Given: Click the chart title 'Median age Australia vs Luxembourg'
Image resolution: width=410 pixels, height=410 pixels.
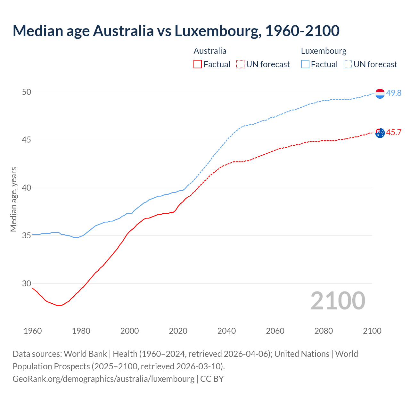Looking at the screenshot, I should (x=176, y=31).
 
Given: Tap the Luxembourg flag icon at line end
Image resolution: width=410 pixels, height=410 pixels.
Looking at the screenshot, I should (x=380, y=94).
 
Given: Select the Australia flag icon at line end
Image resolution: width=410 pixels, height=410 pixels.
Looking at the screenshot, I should (x=380, y=133).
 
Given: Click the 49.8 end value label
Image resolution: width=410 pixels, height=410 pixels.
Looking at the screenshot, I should (x=394, y=93).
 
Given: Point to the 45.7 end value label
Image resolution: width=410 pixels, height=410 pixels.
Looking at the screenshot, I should (x=394, y=133).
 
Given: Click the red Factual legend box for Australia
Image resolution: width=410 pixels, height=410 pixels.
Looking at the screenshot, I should (x=198, y=64).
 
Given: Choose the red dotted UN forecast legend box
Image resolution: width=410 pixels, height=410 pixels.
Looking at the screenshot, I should (x=240, y=64).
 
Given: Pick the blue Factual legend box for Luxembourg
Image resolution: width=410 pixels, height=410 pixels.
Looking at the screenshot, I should (x=305, y=64).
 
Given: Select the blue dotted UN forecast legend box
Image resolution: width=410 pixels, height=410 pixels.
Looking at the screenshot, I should (x=348, y=64).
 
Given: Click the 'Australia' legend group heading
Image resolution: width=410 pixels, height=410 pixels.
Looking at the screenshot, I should (x=210, y=51).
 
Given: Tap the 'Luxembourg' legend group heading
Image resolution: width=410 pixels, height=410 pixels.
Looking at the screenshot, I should (x=324, y=51).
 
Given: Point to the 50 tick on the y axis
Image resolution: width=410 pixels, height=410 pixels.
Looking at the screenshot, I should (x=27, y=92).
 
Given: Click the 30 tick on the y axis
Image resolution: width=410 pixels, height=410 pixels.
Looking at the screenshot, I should (x=27, y=284).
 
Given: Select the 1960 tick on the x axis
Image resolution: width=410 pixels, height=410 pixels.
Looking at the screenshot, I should (x=33, y=331).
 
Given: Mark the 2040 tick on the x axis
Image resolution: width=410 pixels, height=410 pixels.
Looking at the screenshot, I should (x=226, y=331).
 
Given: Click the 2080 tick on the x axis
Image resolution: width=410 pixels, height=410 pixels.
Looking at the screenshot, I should (x=324, y=331).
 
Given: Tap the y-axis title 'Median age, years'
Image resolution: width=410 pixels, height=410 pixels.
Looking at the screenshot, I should (x=13, y=199).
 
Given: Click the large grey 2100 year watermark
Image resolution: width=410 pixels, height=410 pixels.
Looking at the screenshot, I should (x=338, y=301).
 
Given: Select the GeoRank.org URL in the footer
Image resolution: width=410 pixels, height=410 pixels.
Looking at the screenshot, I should (x=103, y=379).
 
